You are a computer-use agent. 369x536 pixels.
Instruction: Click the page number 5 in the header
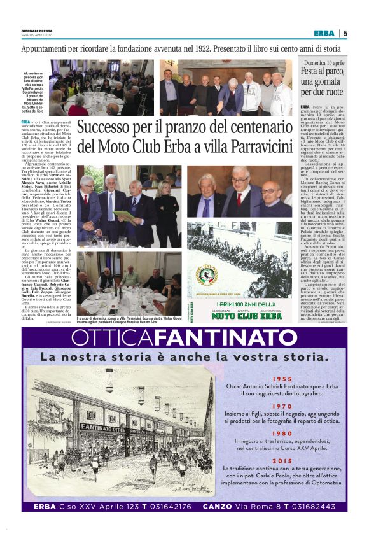(x=345, y=33)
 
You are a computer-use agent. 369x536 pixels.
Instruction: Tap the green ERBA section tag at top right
(x=323, y=33)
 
